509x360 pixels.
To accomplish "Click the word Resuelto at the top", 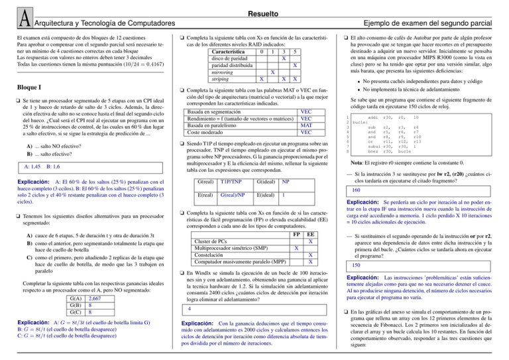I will (254, 12).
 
